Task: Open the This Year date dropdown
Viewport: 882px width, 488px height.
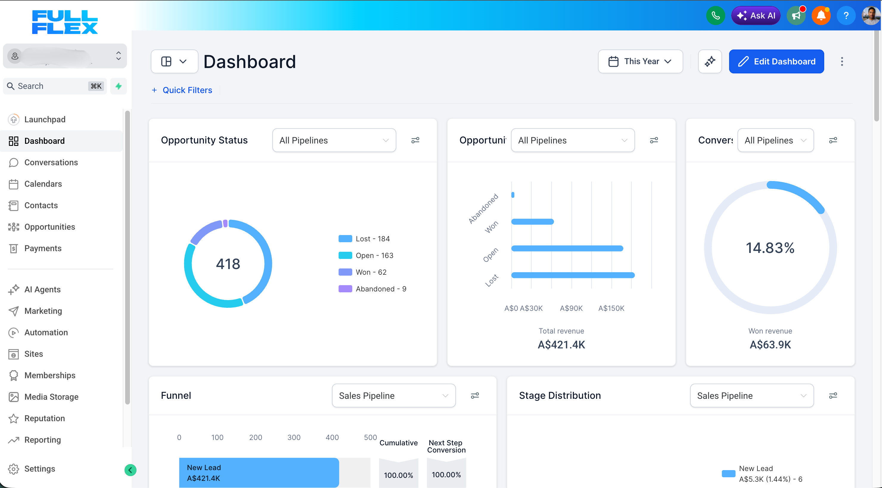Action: click(640, 61)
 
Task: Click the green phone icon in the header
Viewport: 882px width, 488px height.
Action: click(715, 16)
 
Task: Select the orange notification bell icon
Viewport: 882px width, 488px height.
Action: click(821, 16)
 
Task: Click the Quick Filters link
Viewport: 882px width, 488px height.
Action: click(187, 90)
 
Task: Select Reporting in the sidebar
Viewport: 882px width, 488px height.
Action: click(42, 440)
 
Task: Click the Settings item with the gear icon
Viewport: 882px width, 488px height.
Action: click(39, 469)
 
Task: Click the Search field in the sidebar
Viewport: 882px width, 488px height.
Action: click(51, 86)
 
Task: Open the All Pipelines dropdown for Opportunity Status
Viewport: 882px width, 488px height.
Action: click(334, 140)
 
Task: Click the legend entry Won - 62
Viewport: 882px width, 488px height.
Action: click(370, 272)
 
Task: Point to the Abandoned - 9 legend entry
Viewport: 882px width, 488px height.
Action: click(381, 289)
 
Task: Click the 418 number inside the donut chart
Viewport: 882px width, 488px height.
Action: click(228, 264)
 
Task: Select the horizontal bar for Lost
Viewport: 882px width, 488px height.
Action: click(572, 275)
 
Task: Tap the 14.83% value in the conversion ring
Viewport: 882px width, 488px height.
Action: click(770, 248)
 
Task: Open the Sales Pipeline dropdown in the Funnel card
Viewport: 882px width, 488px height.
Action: click(393, 396)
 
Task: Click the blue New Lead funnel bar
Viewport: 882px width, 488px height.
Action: click(259, 472)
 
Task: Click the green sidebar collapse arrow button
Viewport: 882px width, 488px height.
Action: click(130, 470)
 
